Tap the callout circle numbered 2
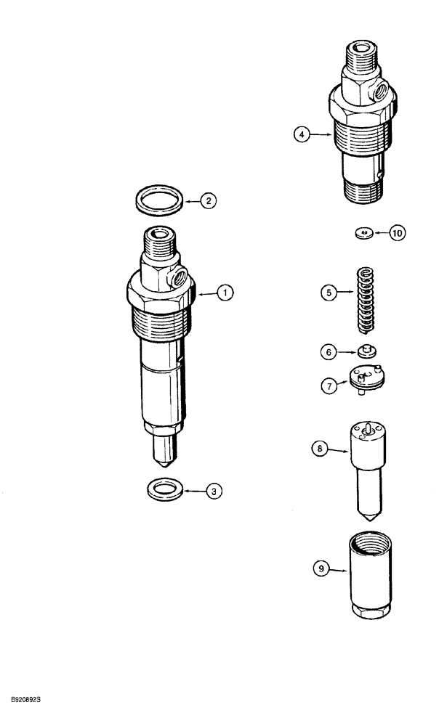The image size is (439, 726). click(x=209, y=202)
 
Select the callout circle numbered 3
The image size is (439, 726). click(x=213, y=492)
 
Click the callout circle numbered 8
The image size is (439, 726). click(x=318, y=450)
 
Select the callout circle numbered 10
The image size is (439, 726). click(x=397, y=233)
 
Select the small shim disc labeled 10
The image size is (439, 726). click(x=363, y=233)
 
